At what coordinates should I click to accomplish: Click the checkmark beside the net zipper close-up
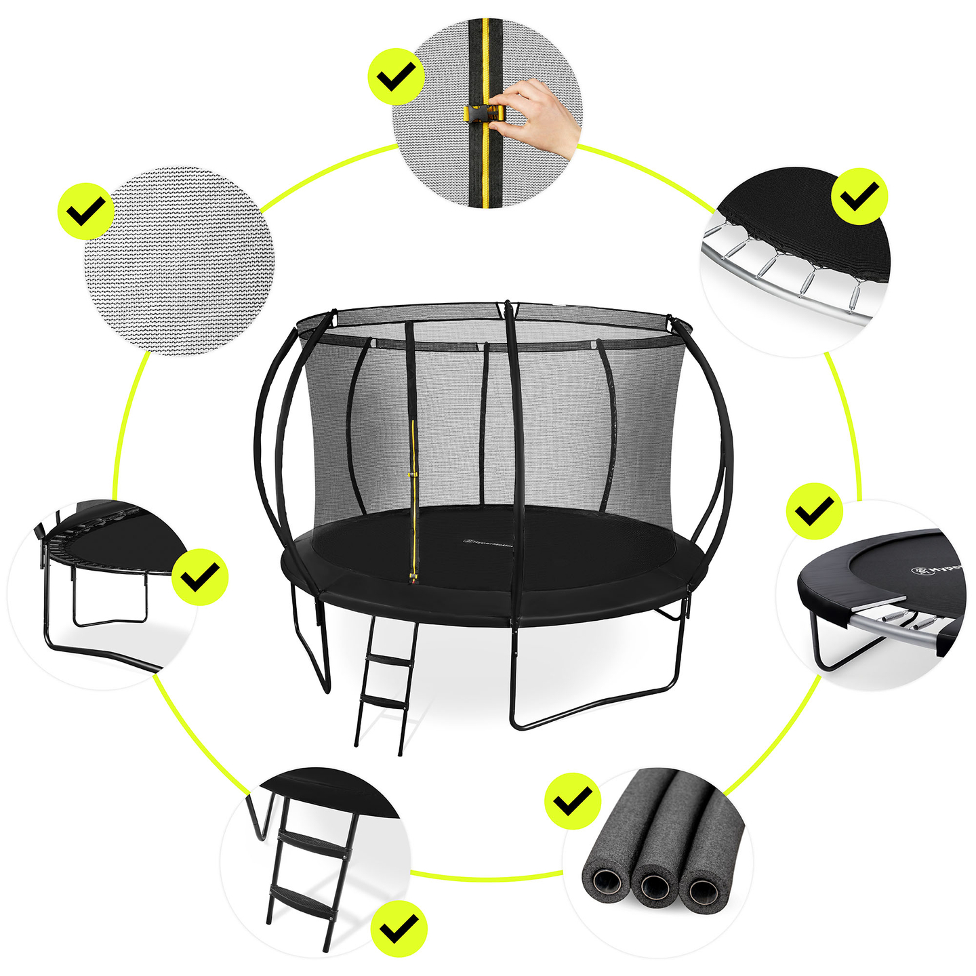point(396,76)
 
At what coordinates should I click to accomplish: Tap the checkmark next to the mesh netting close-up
point(85,210)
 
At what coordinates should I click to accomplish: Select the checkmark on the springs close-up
point(859,197)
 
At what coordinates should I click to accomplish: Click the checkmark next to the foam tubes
point(573,801)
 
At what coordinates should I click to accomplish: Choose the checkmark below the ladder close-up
point(400,928)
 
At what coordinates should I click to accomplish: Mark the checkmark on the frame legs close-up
point(200,577)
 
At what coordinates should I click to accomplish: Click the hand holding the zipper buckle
point(539,115)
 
